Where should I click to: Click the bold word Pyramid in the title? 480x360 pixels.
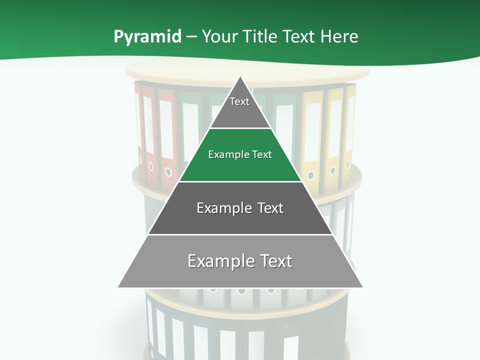pyautogui.click(x=147, y=36)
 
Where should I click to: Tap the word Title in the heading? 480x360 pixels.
pyautogui.click(x=262, y=36)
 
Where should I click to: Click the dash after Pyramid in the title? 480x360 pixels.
pyautogui.click(x=191, y=37)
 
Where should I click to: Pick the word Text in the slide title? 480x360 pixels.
pyautogui.click(x=299, y=36)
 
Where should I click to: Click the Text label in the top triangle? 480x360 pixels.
pyautogui.click(x=239, y=101)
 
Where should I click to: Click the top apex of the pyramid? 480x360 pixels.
pyautogui.click(x=240, y=76)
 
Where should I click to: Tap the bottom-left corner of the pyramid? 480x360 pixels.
pyautogui.click(x=118, y=287)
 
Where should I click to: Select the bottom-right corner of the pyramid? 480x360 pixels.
pyautogui.click(x=362, y=287)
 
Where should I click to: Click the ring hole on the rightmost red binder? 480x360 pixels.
pyautogui.click(x=168, y=172)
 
